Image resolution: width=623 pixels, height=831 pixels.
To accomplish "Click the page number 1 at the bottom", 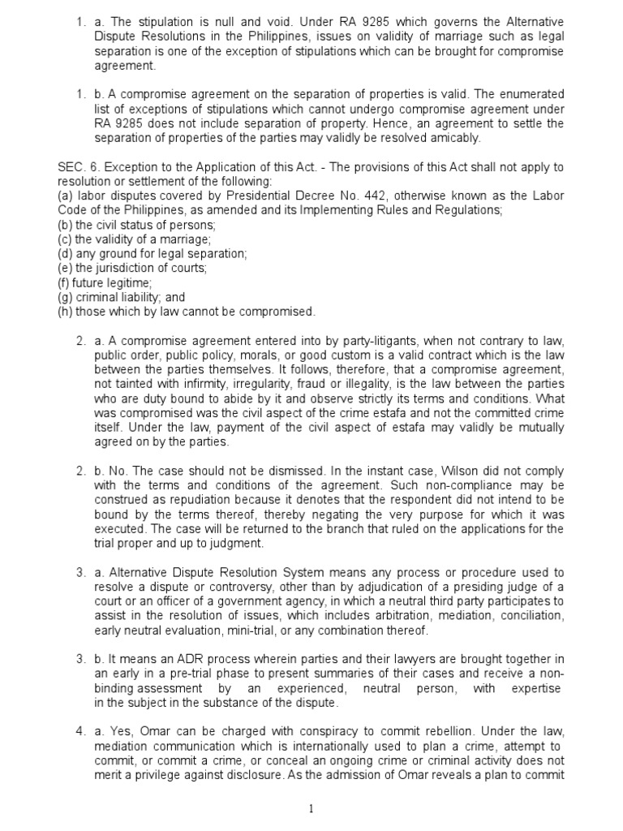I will click(311, 808).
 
